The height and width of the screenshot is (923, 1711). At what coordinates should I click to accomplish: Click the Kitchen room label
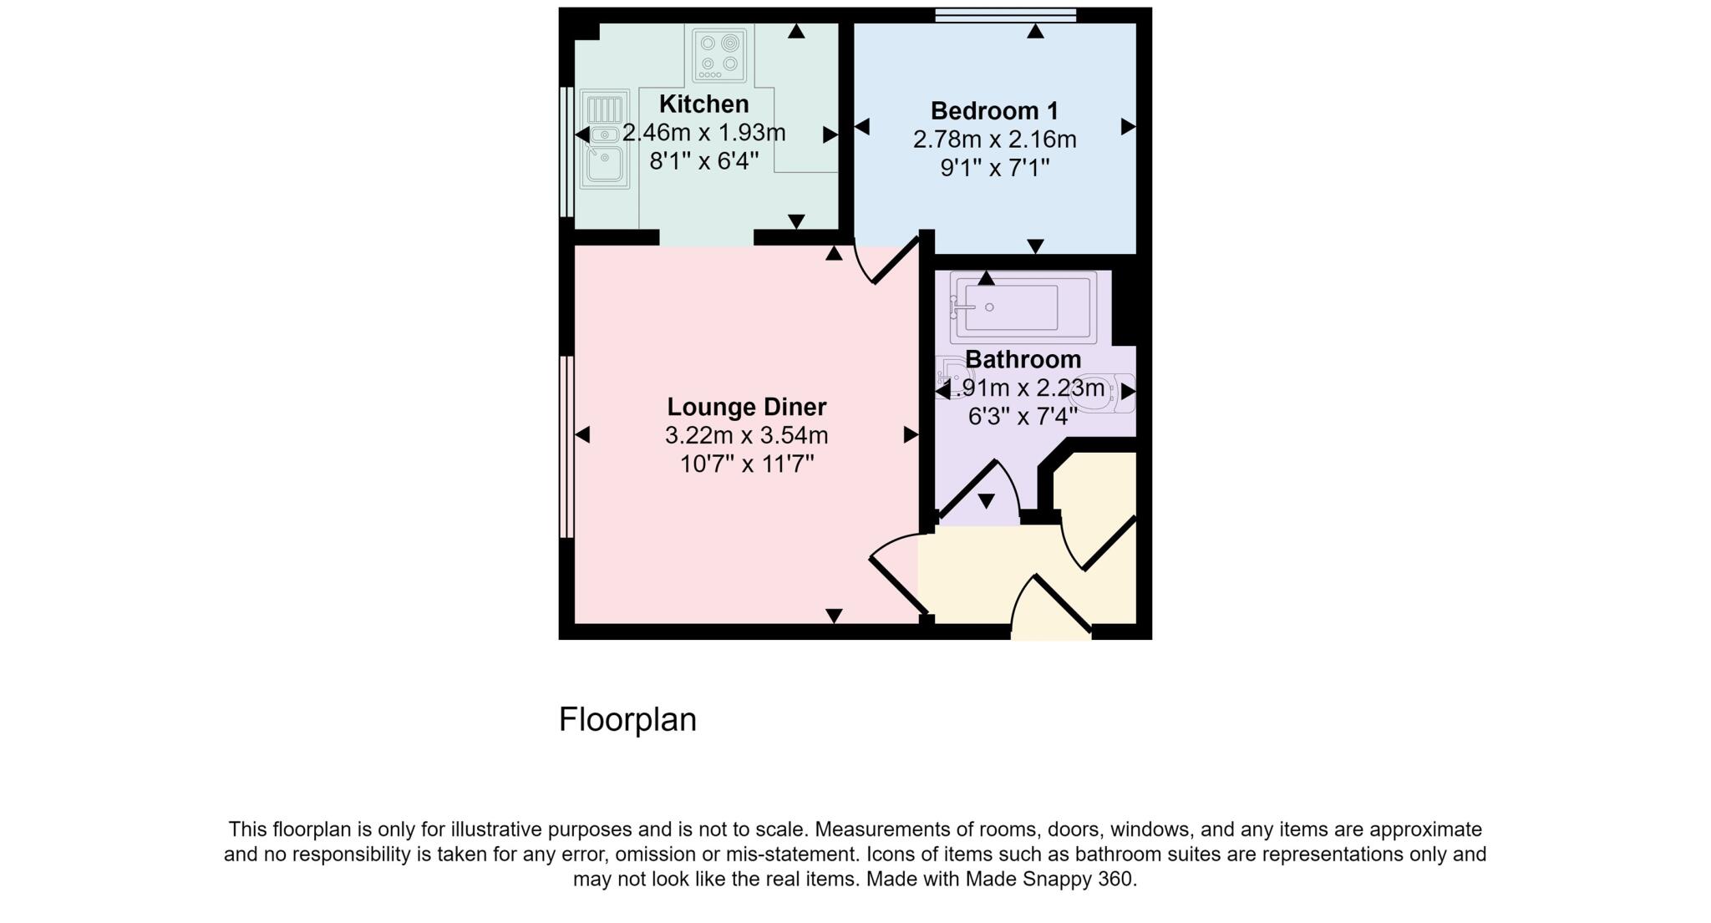click(x=703, y=104)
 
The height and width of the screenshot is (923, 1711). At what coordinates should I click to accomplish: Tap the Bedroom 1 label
click(x=994, y=110)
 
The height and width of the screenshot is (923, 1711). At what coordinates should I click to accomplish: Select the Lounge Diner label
click(x=746, y=407)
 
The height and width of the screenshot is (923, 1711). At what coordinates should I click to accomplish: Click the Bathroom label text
click(x=1023, y=359)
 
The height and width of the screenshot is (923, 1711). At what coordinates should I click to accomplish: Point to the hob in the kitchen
click(x=719, y=53)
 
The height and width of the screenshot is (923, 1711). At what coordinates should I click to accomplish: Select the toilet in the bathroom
click(x=1107, y=393)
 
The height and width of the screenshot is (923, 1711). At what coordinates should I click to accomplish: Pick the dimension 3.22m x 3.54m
click(x=746, y=435)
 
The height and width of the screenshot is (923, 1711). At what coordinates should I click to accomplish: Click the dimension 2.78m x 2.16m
click(x=994, y=139)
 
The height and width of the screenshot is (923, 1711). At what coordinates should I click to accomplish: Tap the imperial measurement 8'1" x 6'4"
click(x=703, y=160)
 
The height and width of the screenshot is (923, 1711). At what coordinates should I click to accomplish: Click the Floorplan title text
click(x=627, y=719)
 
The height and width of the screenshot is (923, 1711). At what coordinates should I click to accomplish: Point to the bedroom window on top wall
click(x=1005, y=14)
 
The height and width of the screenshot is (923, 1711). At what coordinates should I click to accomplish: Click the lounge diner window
click(x=566, y=447)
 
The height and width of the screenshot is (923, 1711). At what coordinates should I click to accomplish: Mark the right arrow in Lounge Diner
click(x=910, y=434)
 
